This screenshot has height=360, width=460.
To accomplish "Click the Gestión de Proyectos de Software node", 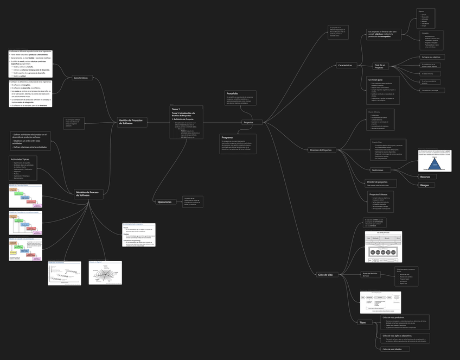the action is (x=132, y=122).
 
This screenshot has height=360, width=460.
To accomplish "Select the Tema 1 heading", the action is (x=175, y=109).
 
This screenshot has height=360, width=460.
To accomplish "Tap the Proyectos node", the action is (x=248, y=122).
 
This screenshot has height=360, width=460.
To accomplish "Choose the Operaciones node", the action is (x=164, y=201).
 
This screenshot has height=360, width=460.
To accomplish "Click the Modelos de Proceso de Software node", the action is (x=88, y=193).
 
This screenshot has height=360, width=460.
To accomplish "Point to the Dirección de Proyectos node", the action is (x=321, y=149).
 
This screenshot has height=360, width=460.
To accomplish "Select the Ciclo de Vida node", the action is (x=325, y=275).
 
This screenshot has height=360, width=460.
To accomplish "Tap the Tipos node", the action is (x=362, y=323).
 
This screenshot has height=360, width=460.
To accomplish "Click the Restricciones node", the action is (x=378, y=170).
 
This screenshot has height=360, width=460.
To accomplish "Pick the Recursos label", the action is (x=425, y=176).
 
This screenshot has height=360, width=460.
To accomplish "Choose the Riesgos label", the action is (x=425, y=185).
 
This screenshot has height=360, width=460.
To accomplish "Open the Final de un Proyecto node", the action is (x=379, y=66).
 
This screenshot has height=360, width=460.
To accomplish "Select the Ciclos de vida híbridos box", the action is (x=395, y=349).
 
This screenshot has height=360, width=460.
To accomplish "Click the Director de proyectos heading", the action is (x=377, y=182).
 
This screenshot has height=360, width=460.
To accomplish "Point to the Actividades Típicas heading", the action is (x=20, y=159).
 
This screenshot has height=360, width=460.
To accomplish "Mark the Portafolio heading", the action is (x=232, y=93).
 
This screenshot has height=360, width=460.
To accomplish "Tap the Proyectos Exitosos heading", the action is (x=379, y=194).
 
